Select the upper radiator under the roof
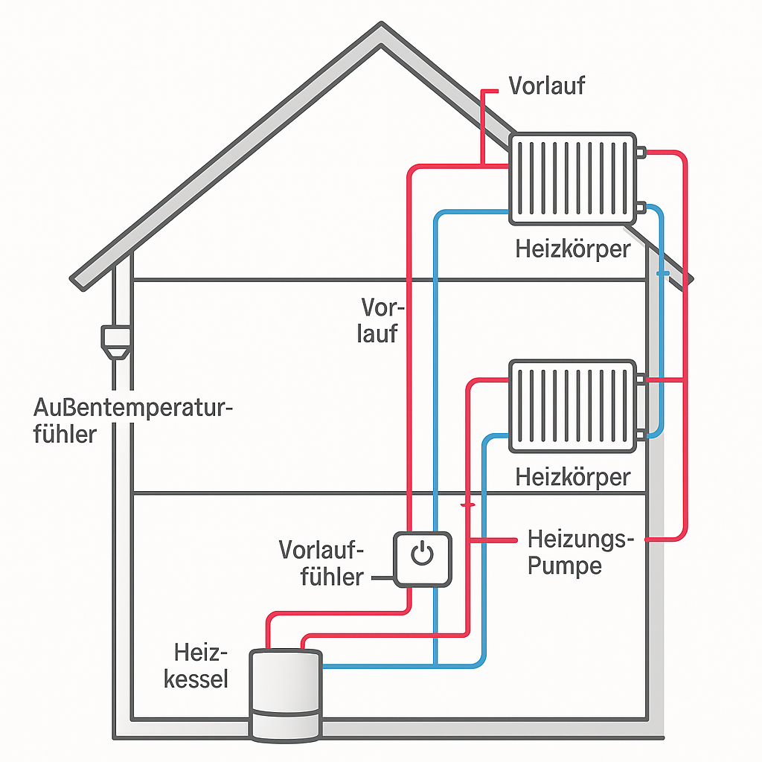[x=571, y=179]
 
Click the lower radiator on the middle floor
[x=571, y=406]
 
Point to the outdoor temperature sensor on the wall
[x=116, y=342]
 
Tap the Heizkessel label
[x=199, y=666]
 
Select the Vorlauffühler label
[x=321, y=563]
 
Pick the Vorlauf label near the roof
[x=547, y=85]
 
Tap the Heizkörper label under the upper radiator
[x=572, y=248]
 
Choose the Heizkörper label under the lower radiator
[x=572, y=476]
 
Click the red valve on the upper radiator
[x=641, y=153]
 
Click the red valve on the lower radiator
[x=641, y=380]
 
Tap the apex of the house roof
[x=381, y=28]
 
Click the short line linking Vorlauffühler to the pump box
[x=381, y=577]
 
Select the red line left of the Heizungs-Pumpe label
[x=495, y=539]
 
